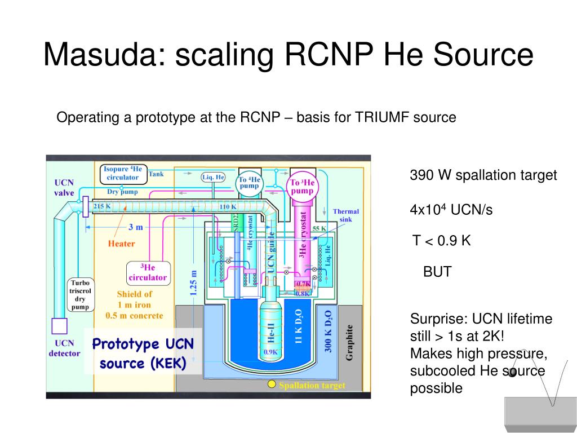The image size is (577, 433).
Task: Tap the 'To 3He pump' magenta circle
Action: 302,187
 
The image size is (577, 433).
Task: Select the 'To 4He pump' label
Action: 249,183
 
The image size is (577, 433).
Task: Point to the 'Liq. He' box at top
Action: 213,176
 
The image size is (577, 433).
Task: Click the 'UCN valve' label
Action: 64,188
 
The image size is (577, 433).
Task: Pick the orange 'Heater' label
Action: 121,244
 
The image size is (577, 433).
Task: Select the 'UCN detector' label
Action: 64,348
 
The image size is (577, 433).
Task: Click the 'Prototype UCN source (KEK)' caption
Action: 143,354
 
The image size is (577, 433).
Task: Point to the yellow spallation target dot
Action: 272,385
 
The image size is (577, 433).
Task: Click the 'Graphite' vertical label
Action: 350,342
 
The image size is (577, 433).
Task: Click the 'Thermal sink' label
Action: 345,215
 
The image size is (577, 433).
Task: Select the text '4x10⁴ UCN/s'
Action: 451,210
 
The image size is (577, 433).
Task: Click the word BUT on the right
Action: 437,272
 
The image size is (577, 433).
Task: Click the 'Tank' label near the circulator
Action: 156,174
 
